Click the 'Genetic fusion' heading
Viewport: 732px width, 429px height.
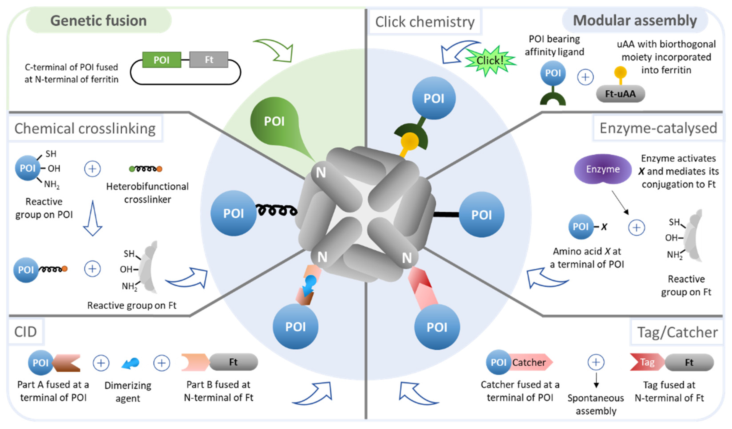98,21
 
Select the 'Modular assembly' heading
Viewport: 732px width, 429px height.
635,21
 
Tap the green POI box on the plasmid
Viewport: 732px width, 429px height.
162,60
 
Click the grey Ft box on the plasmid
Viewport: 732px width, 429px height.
209,60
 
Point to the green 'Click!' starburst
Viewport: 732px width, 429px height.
490,61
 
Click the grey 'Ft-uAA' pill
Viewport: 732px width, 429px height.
620,94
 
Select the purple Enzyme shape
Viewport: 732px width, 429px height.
603,169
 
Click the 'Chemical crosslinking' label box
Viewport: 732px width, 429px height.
85,129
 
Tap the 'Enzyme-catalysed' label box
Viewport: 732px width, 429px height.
658,128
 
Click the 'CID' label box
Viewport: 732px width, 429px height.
26,332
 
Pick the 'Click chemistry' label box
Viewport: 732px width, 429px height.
425,22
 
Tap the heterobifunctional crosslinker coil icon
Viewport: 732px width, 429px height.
146,169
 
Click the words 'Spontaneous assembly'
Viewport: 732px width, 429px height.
596,404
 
